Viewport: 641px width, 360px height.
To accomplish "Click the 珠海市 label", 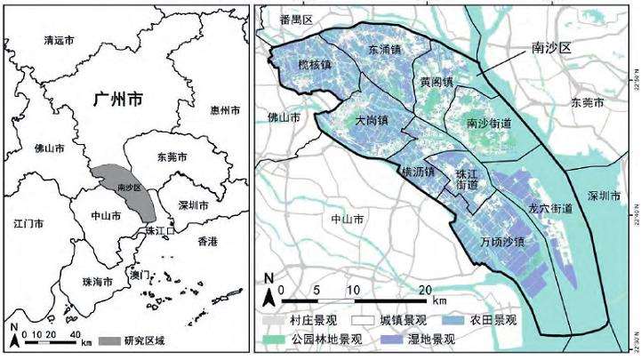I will [96, 282].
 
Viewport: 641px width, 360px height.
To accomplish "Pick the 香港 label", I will [207, 242].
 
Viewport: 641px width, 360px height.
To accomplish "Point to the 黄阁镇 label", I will [435, 82].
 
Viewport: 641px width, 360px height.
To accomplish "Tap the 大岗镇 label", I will [371, 120].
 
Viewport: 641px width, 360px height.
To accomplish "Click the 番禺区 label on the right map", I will [296, 19].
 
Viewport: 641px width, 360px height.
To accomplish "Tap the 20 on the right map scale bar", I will [425, 291].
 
